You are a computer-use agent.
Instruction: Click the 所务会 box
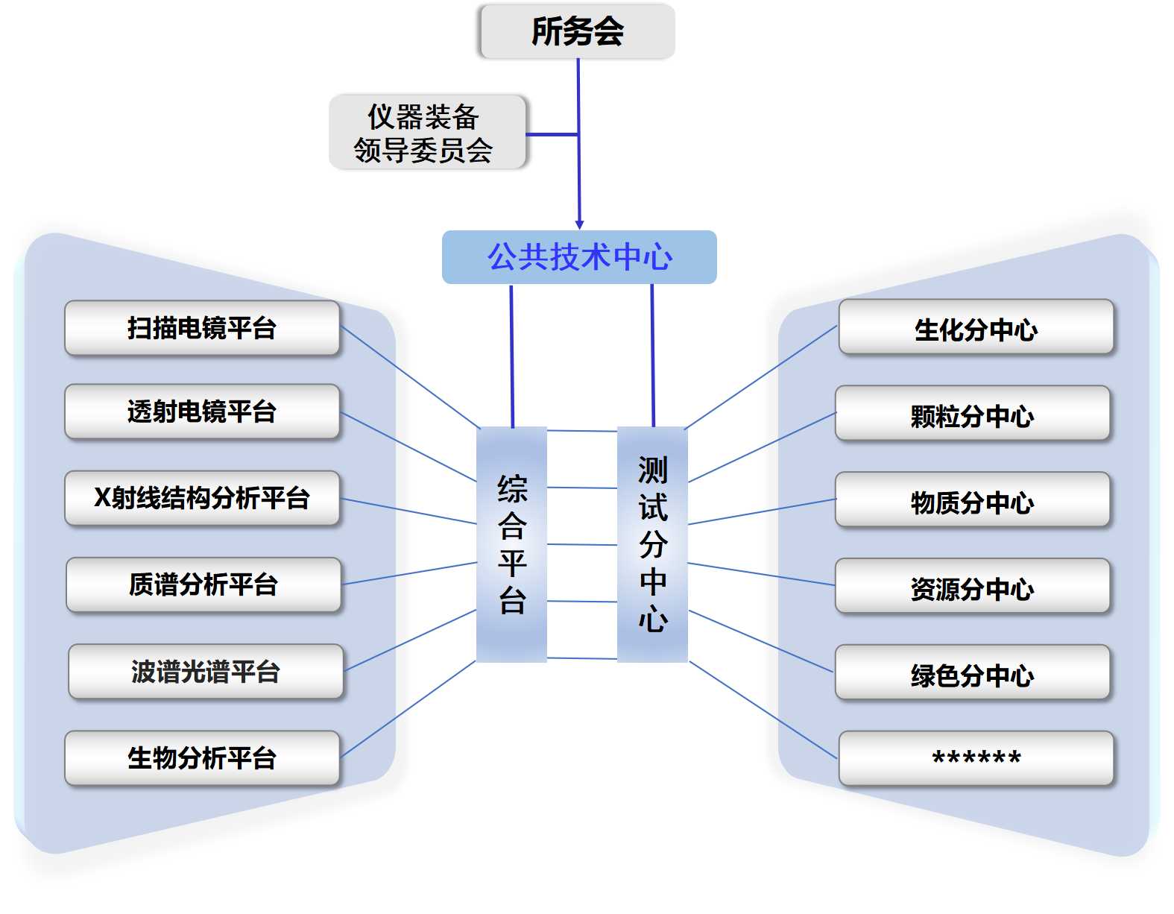tap(577, 31)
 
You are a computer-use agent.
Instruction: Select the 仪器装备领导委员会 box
tap(427, 132)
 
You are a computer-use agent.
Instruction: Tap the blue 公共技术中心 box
tap(579, 257)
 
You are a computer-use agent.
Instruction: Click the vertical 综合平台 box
tap(511, 544)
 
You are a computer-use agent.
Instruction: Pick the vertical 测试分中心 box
tap(652, 544)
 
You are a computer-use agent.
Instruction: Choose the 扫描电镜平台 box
tap(202, 328)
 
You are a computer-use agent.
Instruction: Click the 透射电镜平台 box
tap(202, 412)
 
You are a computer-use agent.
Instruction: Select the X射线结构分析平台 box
tap(202, 498)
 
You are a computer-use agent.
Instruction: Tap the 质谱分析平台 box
tap(203, 584)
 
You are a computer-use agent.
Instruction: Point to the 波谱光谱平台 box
tap(206, 671)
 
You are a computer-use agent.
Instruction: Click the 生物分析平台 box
tap(202, 758)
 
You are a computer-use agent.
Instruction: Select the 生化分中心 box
tap(976, 328)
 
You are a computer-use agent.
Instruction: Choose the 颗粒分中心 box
tap(973, 414)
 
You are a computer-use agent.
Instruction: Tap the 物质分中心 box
tap(973, 500)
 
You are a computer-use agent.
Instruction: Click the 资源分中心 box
tap(973, 587)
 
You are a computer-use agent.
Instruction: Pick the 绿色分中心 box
tap(973, 673)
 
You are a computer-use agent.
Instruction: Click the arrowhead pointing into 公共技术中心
tap(579, 224)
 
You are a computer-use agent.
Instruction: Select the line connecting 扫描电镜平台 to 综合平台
tap(410, 377)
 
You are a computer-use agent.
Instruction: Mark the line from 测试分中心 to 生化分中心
tap(760, 377)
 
